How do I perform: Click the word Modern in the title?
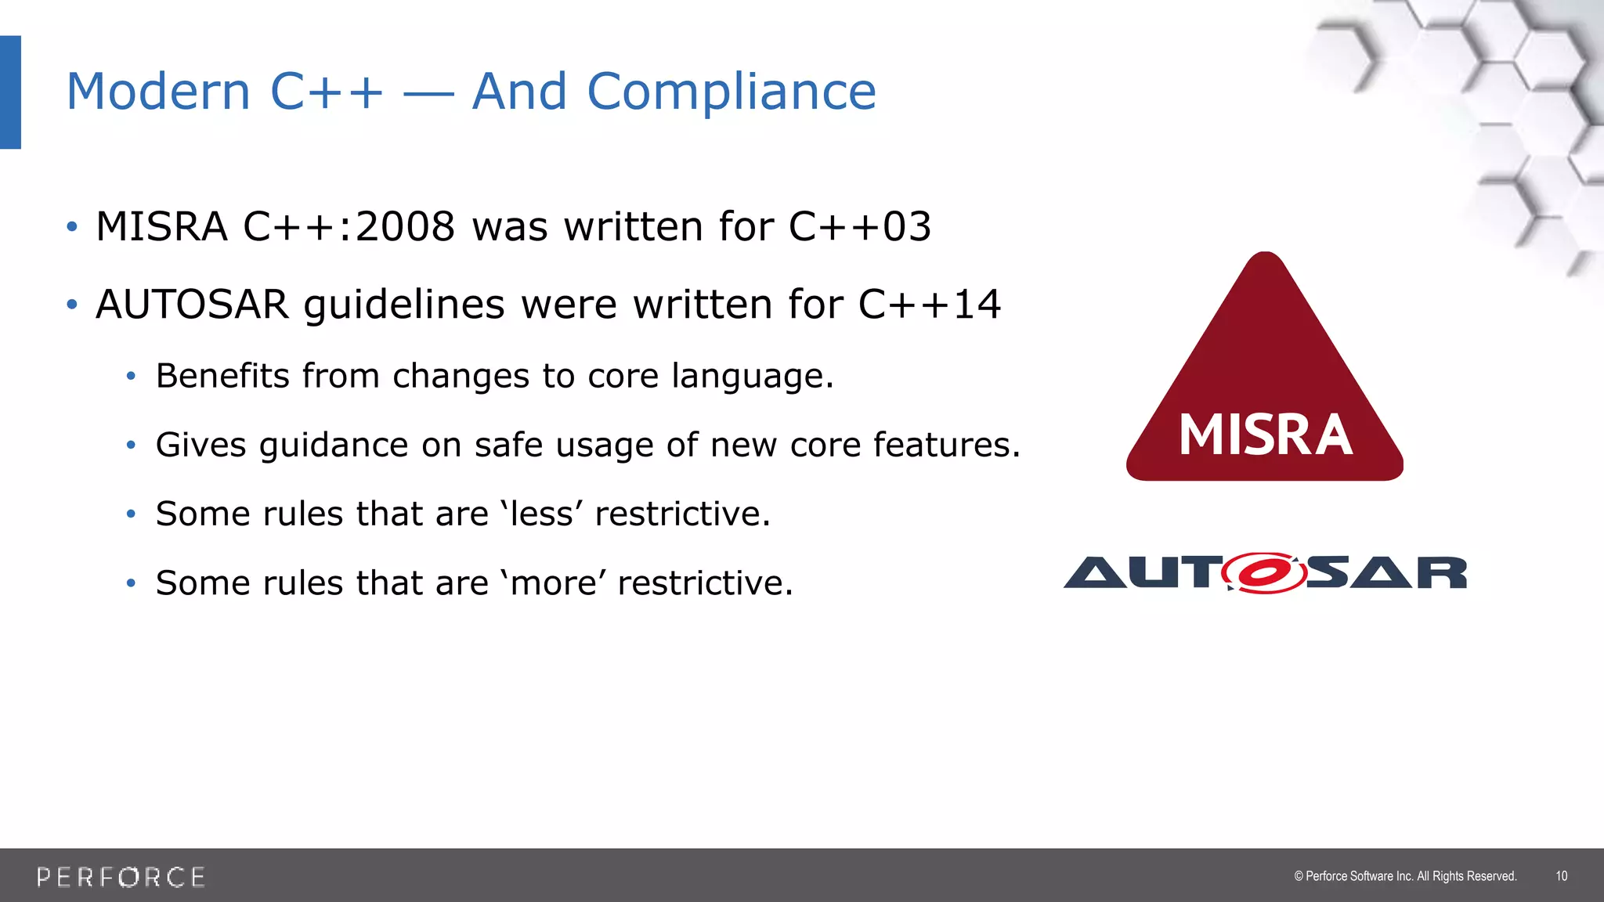click(x=158, y=92)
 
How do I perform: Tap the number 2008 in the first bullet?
click(x=405, y=227)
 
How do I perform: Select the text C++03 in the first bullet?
click(x=859, y=227)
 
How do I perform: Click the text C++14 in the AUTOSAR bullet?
click(x=929, y=305)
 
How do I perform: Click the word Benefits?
click(x=223, y=376)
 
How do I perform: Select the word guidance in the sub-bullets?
click(x=334, y=446)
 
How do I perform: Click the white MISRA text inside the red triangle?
click(x=1265, y=435)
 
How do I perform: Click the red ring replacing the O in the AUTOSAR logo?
click(x=1263, y=573)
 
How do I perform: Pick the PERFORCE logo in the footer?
click(x=121, y=877)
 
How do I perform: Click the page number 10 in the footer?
click(x=1561, y=876)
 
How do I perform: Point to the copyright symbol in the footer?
click(x=1299, y=876)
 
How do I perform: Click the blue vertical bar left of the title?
click(x=10, y=92)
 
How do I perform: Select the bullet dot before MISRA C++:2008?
click(x=72, y=227)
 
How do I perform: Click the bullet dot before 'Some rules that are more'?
click(x=131, y=583)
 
